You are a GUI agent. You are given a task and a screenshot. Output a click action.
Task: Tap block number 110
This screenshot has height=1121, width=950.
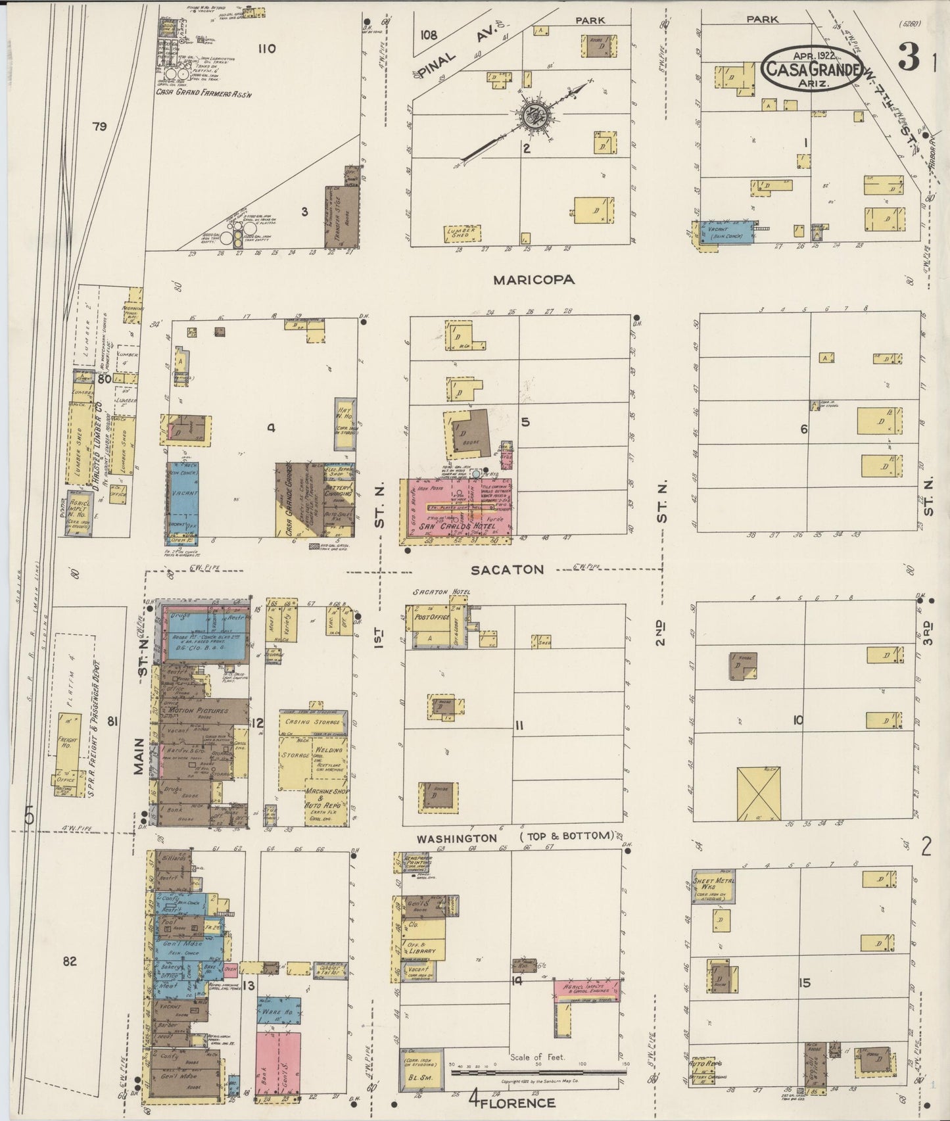tap(266, 48)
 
